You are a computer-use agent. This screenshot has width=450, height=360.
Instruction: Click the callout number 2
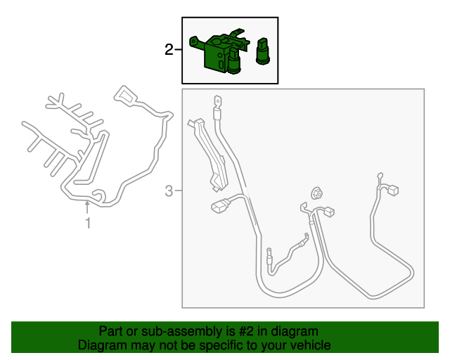[169, 49]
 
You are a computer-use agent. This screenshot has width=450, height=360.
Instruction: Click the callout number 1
[88, 224]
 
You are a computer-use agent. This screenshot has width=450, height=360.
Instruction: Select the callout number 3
[169, 191]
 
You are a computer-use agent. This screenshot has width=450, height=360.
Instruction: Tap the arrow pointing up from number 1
[88, 207]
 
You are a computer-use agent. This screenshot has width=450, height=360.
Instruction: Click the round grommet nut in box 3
[316, 193]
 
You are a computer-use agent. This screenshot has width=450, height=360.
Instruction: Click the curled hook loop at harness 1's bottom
[98, 195]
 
